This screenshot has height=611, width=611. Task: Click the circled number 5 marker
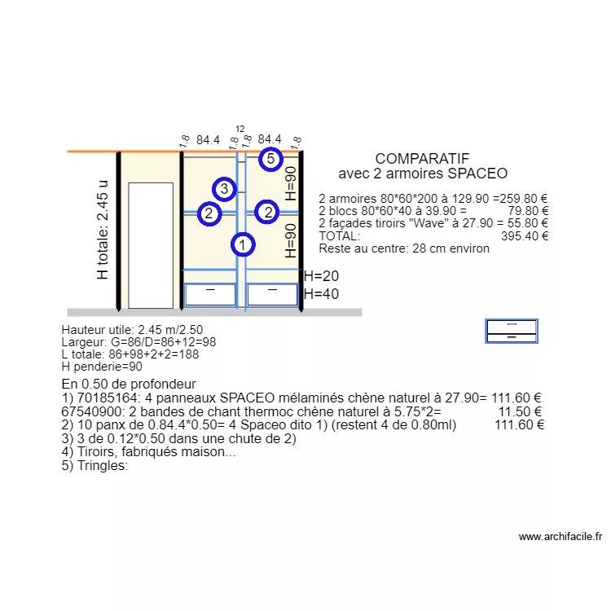pyautogui.click(x=271, y=160)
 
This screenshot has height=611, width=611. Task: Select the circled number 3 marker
pyautogui.click(x=226, y=189)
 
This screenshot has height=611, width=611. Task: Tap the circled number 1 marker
pyautogui.click(x=242, y=244)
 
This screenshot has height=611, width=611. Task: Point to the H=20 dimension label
pyautogui.click(x=321, y=276)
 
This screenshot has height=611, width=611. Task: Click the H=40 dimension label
pyautogui.click(x=321, y=294)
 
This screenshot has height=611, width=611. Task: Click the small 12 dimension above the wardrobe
pyautogui.click(x=240, y=130)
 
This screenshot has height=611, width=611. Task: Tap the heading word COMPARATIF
pyautogui.click(x=422, y=159)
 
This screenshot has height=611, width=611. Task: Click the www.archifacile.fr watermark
pyautogui.click(x=560, y=537)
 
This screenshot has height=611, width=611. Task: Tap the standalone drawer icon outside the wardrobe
pyautogui.click(x=512, y=331)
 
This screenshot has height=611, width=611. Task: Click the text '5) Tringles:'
pyautogui.click(x=95, y=466)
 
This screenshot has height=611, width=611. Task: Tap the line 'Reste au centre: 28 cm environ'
pyautogui.click(x=404, y=248)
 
